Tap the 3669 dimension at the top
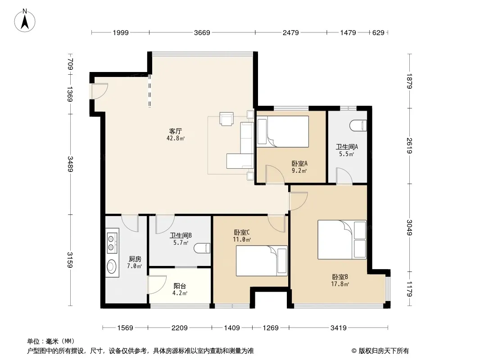[x=202, y=33]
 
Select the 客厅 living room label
[x=176, y=131]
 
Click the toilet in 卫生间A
[x=358, y=126]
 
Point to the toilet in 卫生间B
[x=202, y=248]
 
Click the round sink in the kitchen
[x=111, y=266]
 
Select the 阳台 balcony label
[x=180, y=286]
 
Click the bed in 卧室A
[x=283, y=131]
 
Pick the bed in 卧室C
[x=262, y=261]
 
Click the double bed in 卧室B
[x=342, y=240]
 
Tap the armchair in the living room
[x=226, y=119]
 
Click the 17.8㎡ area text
[x=340, y=284]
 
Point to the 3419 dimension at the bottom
[x=338, y=328]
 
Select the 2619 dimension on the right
[x=410, y=146]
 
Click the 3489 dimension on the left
[x=70, y=164]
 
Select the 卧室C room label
[x=242, y=233]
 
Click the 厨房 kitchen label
[x=135, y=259]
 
